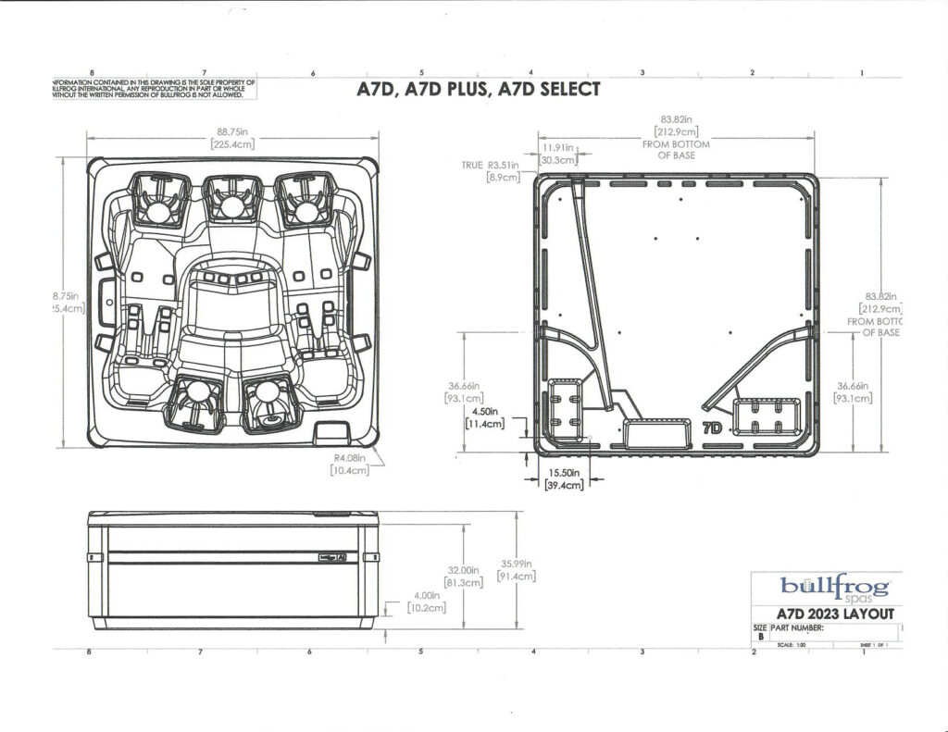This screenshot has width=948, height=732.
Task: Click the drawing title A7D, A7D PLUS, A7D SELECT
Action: coord(479,90)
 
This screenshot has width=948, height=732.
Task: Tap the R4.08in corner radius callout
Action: coord(351,457)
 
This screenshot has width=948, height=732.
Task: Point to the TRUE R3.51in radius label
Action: coord(492,165)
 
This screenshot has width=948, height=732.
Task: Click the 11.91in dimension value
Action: coord(559,148)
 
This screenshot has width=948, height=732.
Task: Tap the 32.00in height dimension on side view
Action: coord(463,570)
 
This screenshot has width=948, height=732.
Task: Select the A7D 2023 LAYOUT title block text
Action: coord(835,614)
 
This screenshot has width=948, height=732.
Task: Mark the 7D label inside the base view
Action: coord(712,428)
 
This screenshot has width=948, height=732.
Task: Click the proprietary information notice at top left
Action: coord(154,88)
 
